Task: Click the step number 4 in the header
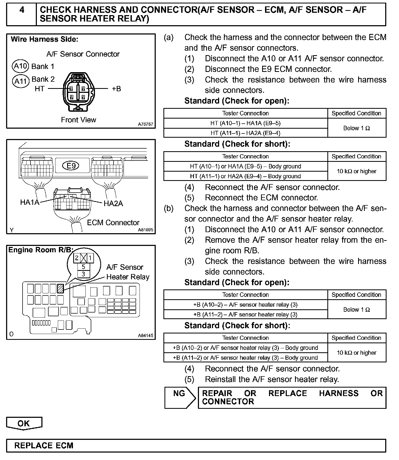(x=22, y=10)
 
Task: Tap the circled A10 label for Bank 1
(x=20, y=66)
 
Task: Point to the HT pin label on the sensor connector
(x=40, y=89)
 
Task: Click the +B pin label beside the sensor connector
(x=116, y=89)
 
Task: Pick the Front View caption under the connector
(x=78, y=120)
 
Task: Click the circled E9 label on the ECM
(x=71, y=166)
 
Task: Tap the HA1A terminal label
(x=29, y=202)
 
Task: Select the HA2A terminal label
(x=113, y=203)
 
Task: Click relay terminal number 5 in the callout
(x=83, y=267)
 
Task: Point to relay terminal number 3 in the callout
(x=83, y=274)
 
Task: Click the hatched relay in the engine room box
(x=60, y=288)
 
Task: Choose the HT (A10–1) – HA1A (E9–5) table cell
(x=245, y=123)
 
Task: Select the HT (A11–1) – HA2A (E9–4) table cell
(x=245, y=133)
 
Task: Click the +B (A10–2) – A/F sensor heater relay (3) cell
(x=245, y=305)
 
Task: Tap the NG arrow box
(x=180, y=397)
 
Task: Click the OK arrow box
(x=24, y=423)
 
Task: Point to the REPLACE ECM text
(x=44, y=445)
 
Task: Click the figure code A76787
(x=145, y=124)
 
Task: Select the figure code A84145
(x=145, y=335)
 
